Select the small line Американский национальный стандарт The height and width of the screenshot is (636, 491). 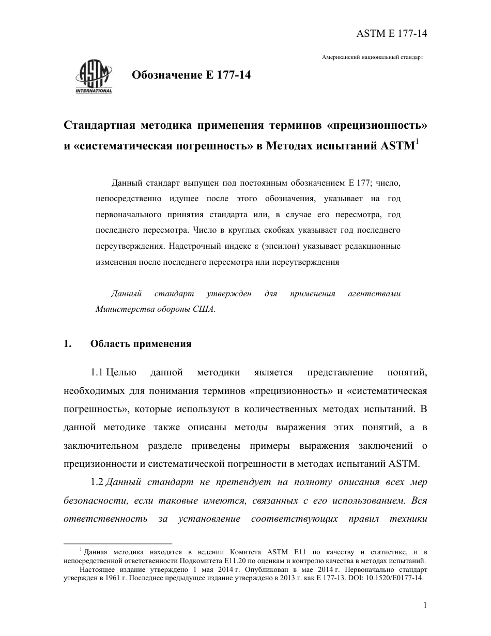coord(373,57)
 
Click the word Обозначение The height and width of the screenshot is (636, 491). coord(164,75)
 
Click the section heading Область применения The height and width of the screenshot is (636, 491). coord(141,344)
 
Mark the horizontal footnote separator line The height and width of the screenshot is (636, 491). coord(118,544)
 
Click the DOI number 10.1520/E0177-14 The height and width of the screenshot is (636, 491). coord(393,578)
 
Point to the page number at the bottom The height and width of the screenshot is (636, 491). coord(424,606)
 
